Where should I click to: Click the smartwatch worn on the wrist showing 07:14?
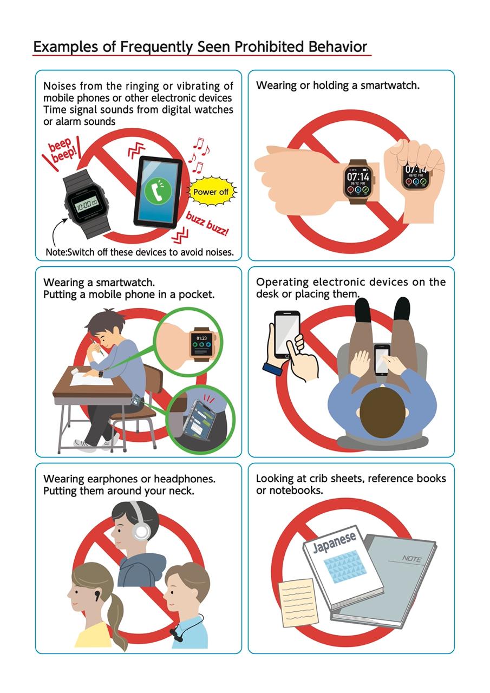click(x=358, y=181)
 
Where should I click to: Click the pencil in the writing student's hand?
click(x=97, y=348)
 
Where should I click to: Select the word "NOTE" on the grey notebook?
click(x=411, y=559)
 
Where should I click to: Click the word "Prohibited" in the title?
click(x=269, y=47)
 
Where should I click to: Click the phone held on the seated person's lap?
click(x=382, y=360)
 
